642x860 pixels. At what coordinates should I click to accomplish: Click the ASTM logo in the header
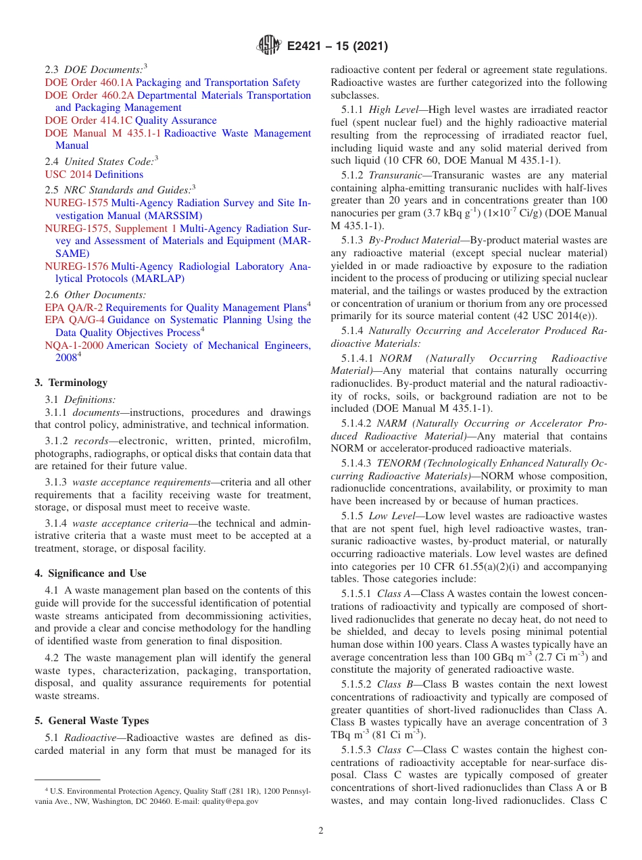269,46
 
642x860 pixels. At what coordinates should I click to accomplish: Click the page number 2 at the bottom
321,830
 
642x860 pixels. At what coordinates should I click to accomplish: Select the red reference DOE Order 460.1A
89,82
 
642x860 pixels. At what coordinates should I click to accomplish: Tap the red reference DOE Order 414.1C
89,120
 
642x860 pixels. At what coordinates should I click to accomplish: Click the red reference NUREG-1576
76,266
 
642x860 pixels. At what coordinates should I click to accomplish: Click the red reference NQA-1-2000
74,345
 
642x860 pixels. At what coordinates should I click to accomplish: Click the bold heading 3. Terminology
71,383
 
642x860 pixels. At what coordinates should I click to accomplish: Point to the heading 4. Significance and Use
90,573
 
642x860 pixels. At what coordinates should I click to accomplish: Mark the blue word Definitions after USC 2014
119,174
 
